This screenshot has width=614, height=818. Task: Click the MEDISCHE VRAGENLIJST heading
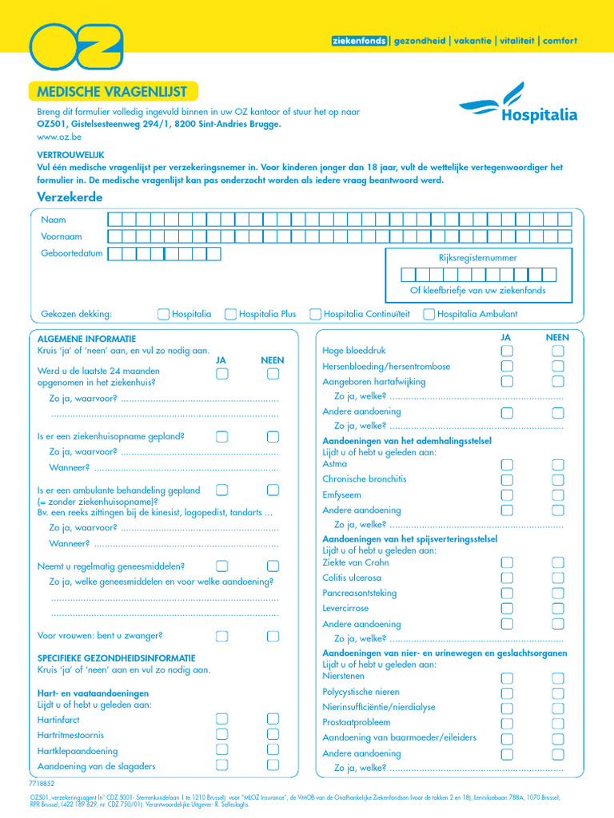point(112,92)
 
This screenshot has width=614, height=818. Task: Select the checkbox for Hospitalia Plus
point(230,314)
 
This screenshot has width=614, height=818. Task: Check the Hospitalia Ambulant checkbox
point(429,314)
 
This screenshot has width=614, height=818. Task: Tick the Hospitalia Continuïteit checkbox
point(316,314)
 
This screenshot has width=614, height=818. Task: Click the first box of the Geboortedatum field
point(114,254)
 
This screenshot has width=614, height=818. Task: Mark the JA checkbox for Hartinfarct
point(222,720)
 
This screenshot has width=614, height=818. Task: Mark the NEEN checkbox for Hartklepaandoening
point(273,750)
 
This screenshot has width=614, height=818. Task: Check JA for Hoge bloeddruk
point(507,351)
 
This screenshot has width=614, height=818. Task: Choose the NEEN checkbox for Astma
point(558,465)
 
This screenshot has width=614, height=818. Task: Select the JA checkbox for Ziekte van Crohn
point(507,563)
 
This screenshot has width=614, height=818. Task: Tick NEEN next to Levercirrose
point(558,609)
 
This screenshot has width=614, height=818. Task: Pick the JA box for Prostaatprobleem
point(507,723)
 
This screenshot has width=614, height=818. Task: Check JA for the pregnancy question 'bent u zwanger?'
point(222,636)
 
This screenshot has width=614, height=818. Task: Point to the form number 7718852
point(42,784)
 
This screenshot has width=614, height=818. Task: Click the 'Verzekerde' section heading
point(70,197)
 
